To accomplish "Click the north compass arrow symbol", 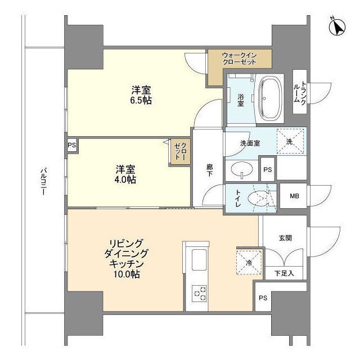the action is [x=337, y=27].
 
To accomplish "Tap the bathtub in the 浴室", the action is [x=270, y=99].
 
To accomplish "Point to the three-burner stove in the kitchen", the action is [x=199, y=294].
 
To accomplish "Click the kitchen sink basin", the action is [x=199, y=260].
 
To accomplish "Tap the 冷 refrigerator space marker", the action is [x=249, y=263].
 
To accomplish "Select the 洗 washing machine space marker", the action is [x=290, y=141].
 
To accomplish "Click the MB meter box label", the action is [x=294, y=196].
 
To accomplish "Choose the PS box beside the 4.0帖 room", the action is [x=71, y=145].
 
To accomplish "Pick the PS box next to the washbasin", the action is [x=268, y=170].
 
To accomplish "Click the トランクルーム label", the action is [x=300, y=93].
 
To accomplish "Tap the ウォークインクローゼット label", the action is [x=240, y=58].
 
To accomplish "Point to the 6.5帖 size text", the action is [x=141, y=100].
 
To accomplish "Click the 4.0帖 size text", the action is [x=125, y=179].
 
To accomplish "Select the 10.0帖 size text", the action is [x=127, y=274].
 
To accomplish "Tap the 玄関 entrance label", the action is [x=285, y=238].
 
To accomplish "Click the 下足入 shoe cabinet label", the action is [x=284, y=273].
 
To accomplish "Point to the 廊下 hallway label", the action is [x=209, y=170].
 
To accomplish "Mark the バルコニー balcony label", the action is [x=43, y=182].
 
